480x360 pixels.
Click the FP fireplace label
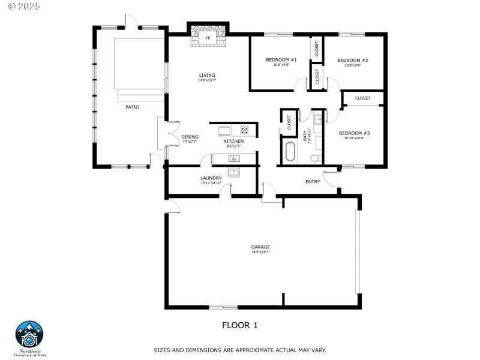click(208, 38)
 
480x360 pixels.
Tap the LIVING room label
click(207, 76)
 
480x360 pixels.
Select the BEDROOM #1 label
click(281, 60)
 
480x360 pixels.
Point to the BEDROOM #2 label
click(352, 61)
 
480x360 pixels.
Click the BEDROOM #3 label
click(354, 133)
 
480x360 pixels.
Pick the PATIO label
click(132, 107)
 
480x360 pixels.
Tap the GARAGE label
click(260, 247)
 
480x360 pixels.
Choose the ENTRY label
click(313, 182)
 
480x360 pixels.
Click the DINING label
click(190, 137)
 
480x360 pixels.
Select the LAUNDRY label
click(211, 178)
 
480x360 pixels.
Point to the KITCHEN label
click(233, 141)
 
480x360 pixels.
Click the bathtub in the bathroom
click(290, 152)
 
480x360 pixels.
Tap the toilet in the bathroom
click(315, 158)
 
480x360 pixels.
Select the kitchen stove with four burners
click(245, 129)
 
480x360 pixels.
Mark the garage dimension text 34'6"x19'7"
click(260, 252)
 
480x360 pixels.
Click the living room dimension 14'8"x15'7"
click(207, 81)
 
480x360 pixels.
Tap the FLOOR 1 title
click(239, 326)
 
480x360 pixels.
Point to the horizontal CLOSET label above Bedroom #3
click(362, 98)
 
